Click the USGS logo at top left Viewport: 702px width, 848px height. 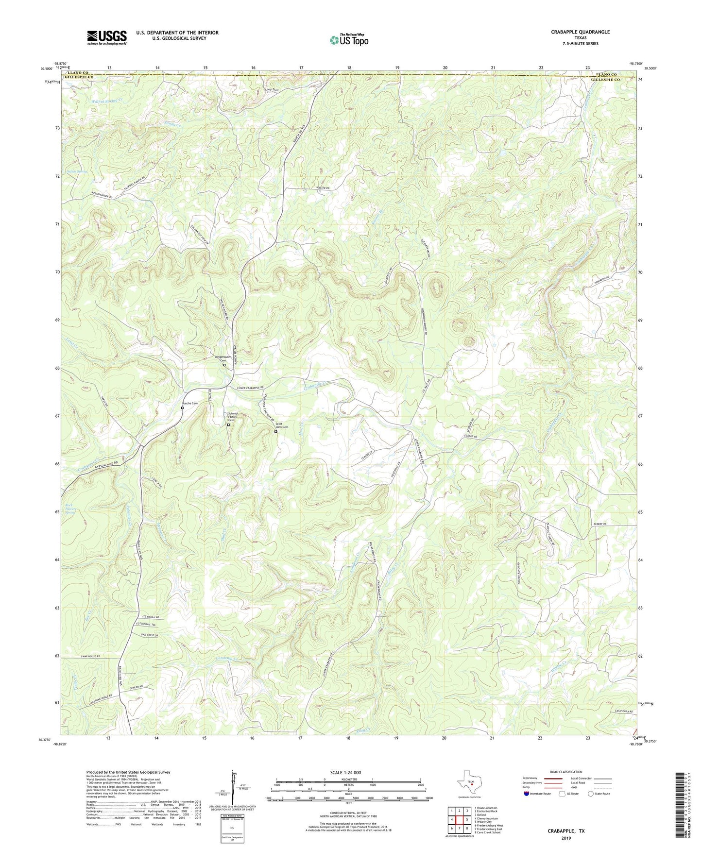107,37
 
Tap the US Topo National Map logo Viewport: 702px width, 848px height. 349,39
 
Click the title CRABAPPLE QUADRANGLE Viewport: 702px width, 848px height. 580,32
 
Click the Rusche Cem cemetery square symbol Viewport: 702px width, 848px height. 182,408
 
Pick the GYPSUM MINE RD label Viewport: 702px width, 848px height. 103,463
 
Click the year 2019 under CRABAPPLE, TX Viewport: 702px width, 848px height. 566,838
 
